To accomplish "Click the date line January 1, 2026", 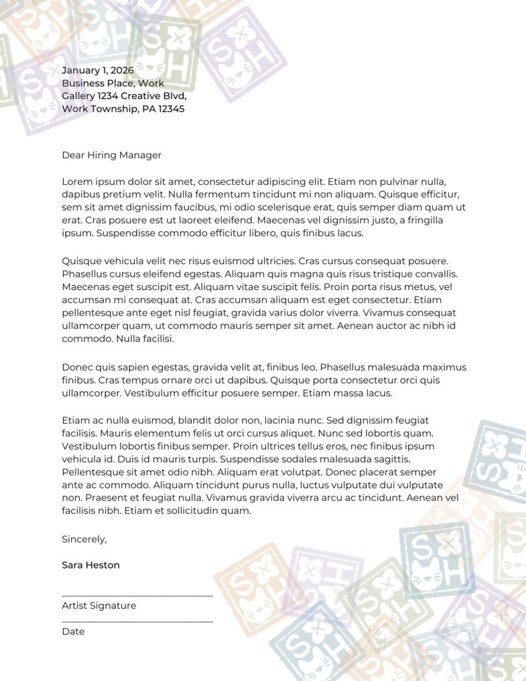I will pyautogui.click(x=98, y=70).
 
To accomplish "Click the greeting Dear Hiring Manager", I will pyautogui.click(x=112, y=155).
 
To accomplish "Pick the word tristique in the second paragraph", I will pyautogui.click(x=382, y=273).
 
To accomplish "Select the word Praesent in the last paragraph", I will pyautogui.click(x=102, y=497).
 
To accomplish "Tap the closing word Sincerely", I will pyautogui.click(x=84, y=539).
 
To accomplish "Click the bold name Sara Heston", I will pyautogui.click(x=91, y=565).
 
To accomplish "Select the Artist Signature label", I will pyautogui.click(x=99, y=606).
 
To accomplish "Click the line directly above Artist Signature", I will pyautogui.click(x=137, y=595).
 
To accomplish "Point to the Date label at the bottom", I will pyautogui.click(x=73, y=631).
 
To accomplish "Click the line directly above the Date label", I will pyautogui.click(x=137, y=621).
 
